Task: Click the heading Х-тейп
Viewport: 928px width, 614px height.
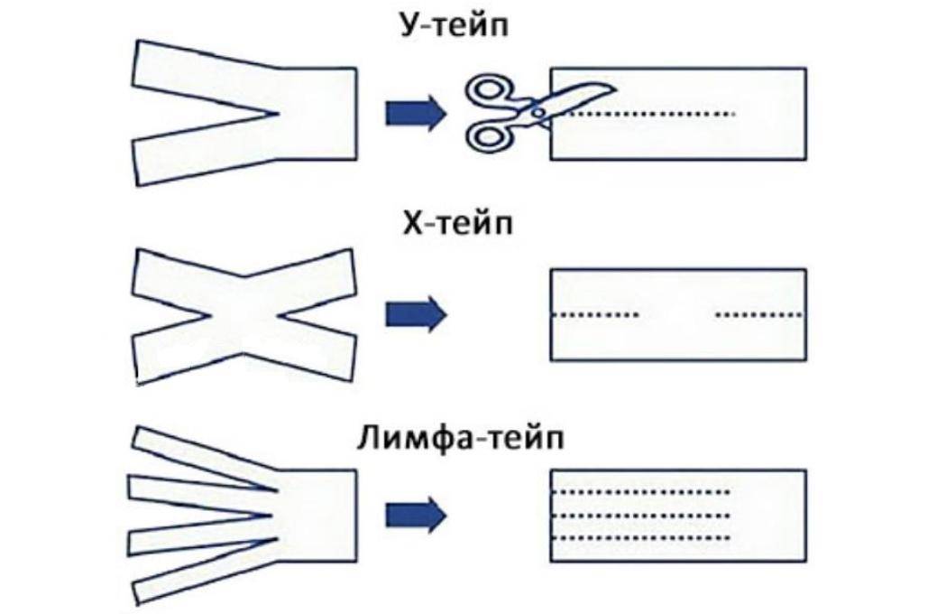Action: point(455,222)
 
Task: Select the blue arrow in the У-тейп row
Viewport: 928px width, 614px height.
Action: point(416,113)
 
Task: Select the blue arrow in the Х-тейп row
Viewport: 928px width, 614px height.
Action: point(416,314)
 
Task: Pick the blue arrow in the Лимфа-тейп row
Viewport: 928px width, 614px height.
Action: point(416,515)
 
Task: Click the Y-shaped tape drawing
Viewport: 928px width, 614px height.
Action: point(307,113)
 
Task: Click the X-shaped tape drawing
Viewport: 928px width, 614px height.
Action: point(243,314)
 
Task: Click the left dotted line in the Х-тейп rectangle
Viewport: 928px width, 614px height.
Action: point(595,315)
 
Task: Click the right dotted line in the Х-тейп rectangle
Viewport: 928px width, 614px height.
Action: point(758,315)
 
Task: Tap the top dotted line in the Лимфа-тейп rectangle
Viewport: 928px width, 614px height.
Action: point(640,492)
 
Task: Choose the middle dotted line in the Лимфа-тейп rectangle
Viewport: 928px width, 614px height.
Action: point(640,516)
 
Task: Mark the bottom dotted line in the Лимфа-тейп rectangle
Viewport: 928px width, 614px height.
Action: point(640,539)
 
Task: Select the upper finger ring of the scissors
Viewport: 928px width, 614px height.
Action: point(488,89)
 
